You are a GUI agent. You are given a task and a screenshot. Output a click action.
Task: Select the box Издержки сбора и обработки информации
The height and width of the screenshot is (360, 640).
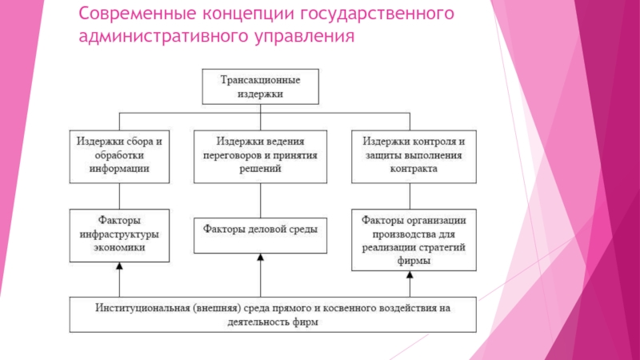[x=119, y=154]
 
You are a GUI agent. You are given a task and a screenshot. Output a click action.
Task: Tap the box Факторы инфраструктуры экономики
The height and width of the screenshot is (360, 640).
[x=119, y=234]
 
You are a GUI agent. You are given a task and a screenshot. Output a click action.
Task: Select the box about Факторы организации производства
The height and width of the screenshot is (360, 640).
[x=413, y=239]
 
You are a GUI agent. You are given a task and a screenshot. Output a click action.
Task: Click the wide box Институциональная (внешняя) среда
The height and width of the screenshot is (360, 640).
[x=273, y=314]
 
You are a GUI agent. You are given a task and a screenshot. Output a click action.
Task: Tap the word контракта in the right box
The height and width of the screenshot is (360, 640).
[x=413, y=169]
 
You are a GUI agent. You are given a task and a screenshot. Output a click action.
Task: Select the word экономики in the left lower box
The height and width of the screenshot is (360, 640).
[x=119, y=248]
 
